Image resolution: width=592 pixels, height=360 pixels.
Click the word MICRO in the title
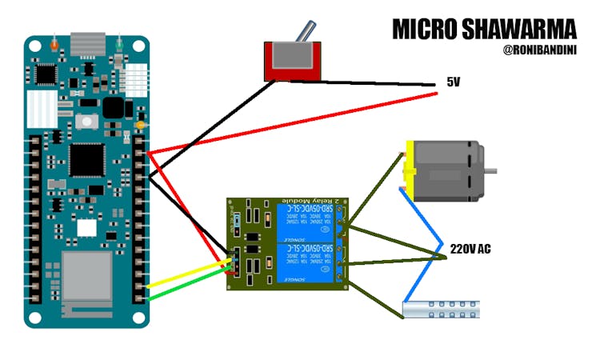coord(425,30)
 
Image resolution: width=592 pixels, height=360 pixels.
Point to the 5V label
coord(454,82)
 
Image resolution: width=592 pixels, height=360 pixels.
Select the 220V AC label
coord(470,250)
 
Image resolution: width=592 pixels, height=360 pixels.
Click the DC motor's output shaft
coord(491,170)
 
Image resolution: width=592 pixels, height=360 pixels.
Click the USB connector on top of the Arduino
coord(87,44)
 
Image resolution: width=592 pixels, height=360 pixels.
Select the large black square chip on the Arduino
coord(86,159)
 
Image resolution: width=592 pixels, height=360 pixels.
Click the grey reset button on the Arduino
coord(86,122)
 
